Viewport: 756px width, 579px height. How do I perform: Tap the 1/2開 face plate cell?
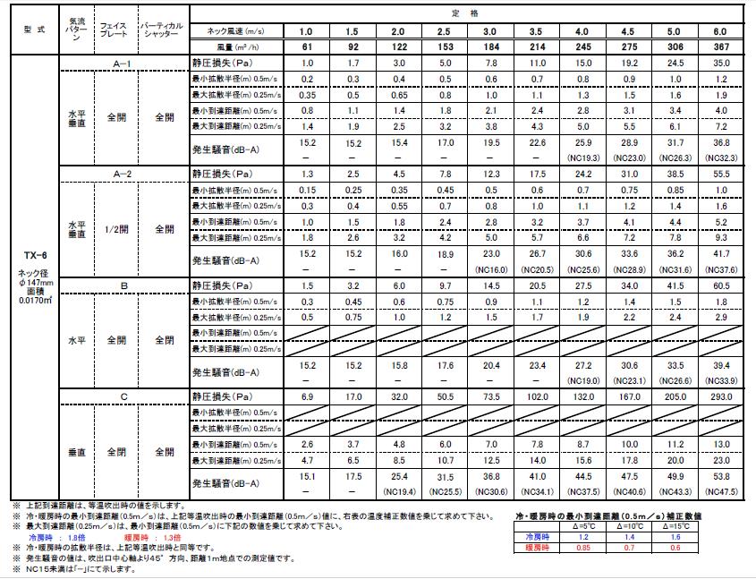point(117,228)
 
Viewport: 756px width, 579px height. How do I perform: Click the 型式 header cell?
point(30,31)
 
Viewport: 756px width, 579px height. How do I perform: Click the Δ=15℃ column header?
point(682,526)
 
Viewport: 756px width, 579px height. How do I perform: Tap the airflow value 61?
point(308,46)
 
